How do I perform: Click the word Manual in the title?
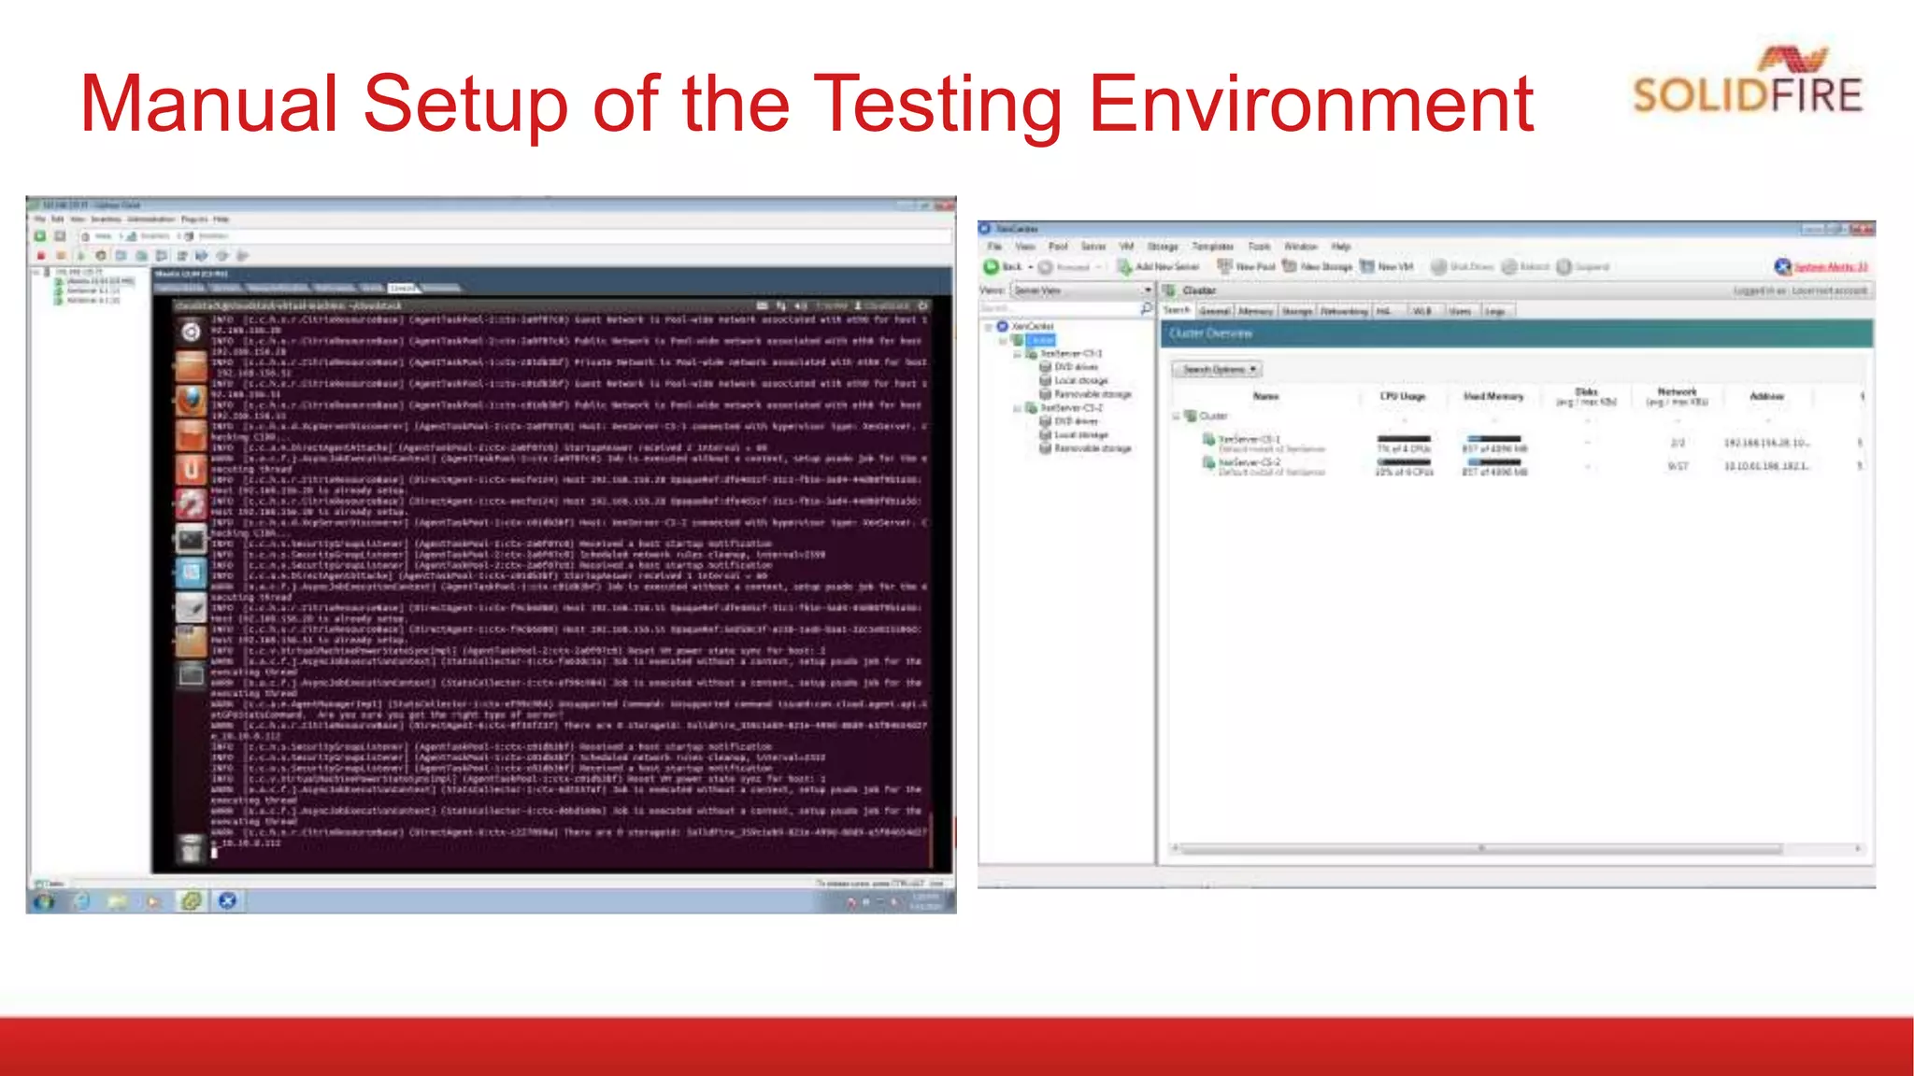pyautogui.click(x=208, y=104)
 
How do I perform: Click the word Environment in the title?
pyautogui.click(x=1310, y=104)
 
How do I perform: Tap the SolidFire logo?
pyautogui.click(x=1747, y=83)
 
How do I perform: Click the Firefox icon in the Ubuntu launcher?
pyautogui.click(x=191, y=401)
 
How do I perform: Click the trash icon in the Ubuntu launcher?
pyautogui.click(x=191, y=847)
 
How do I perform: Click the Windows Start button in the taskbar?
pyautogui.click(x=44, y=901)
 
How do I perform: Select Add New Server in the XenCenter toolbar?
pyautogui.click(x=1158, y=267)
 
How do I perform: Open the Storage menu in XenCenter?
pyautogui.click(x=1163, y=247)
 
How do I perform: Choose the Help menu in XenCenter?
pyautogui.click(x=1341, y=247)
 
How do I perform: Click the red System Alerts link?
pyautogui.click(x=1829, y=267)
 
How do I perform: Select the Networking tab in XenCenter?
pyautogui.click(x=1344, y=311)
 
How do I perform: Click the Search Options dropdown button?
pyautogui.click(x=1217, y=370)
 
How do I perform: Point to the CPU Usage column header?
pyautogui.click(x=1403, y=396)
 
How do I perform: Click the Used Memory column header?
pyautogui.click(x=1493, y=396)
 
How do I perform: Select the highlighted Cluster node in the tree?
pyautogui.click(x=1042, y=340)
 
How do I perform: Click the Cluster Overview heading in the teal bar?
pyautogui.click(x=1210, y=333)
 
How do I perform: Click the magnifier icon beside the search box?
pyautogui.click(x=1147, y=308)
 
